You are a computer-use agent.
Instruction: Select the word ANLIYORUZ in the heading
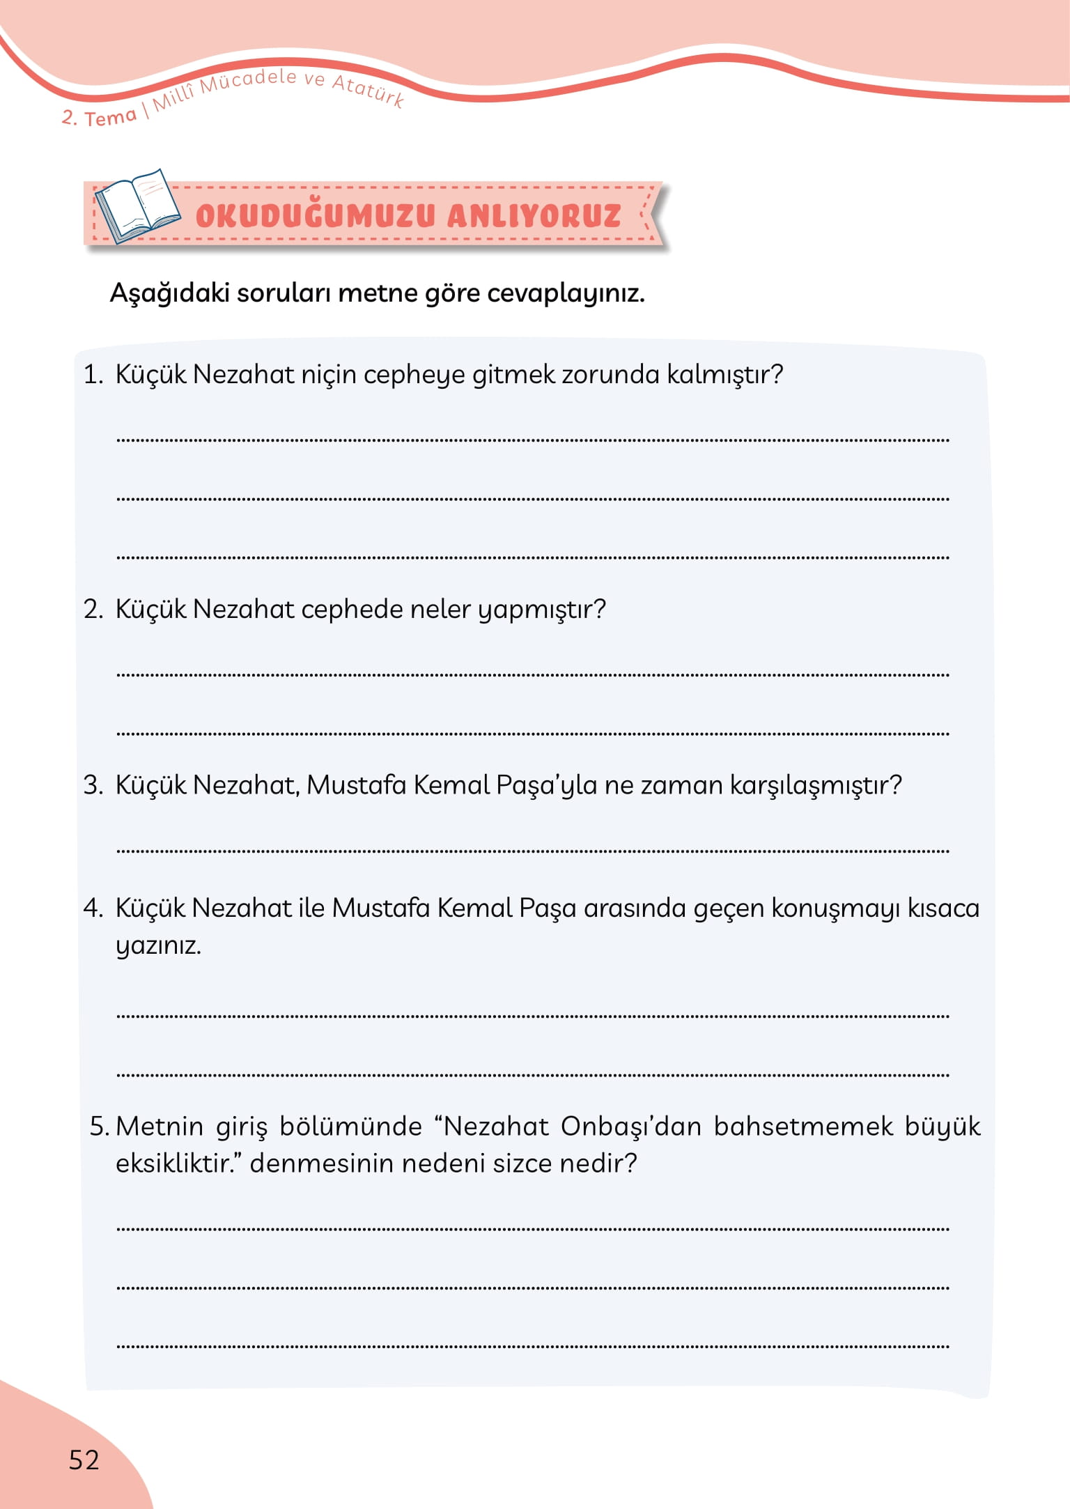click(534, 216)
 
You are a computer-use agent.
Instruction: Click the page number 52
click(84, 1460)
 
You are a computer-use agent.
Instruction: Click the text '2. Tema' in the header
click(98, 117)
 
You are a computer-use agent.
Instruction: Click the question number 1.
click(92, 375)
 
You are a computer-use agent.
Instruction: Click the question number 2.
click(93, 610)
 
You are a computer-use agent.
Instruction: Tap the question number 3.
click(93, 785)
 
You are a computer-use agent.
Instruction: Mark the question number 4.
click(93, 908)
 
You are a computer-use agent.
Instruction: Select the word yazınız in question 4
click(158, 946)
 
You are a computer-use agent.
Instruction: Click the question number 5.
click(99, 1127)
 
